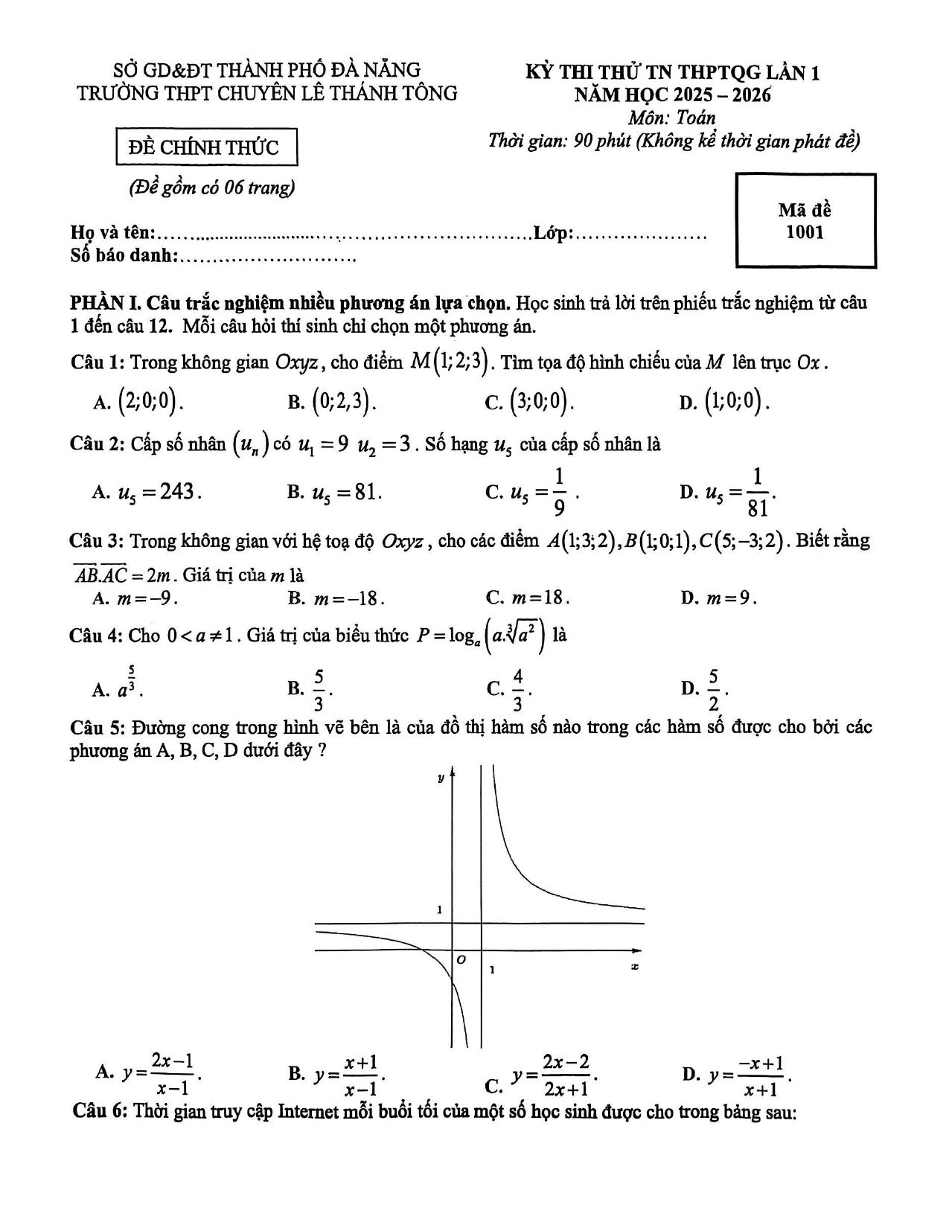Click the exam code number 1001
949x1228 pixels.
(805, 232)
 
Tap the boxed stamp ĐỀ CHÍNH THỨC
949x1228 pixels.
(207, 147)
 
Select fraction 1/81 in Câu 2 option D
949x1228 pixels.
(758, 493)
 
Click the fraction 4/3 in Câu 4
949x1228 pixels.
(517, 690)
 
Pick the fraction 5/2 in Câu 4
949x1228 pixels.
(713, 690)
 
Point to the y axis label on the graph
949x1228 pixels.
(441, 778)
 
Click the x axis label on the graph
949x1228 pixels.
(635, 966)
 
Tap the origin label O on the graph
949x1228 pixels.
(461, 961)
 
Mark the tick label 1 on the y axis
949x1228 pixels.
(440, 910)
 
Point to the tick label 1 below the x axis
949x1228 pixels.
(491, 970)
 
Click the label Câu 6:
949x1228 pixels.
(101, 1112)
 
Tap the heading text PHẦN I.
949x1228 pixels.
(105, 304)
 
